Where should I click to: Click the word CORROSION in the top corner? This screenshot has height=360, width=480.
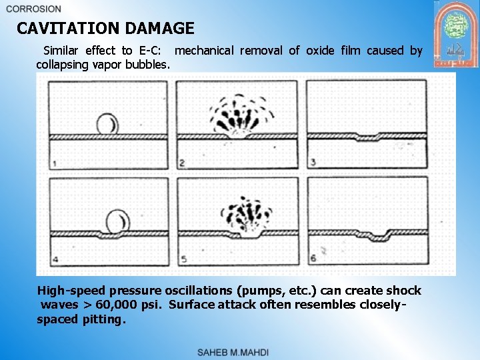pos(33,9)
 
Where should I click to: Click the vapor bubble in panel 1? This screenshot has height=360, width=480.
pos(107,123)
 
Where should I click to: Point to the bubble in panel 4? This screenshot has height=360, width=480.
pos(118,219)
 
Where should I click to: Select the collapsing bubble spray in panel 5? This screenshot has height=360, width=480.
pos(247,213)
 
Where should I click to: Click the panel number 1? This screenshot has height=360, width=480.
pos(53,163)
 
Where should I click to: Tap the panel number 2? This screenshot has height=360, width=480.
pos(182,163)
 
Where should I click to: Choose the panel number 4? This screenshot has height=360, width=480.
pos(54,259)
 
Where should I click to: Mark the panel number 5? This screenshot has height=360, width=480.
pos(183,259)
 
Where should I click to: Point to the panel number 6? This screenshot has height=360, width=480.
pos(313,259)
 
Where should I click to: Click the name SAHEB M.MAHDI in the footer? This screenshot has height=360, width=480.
pos(233,352)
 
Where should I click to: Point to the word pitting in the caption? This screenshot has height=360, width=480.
pos(101,319)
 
